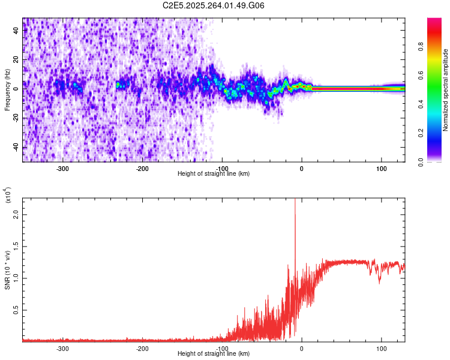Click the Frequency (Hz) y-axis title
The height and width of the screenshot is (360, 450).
(7, 90)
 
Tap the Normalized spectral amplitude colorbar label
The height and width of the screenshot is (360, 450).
(446, 90)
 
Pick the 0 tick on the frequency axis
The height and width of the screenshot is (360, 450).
(17, 89)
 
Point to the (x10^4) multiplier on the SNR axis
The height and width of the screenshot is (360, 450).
(8, 196)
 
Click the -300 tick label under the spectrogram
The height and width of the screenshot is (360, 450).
(63, 169)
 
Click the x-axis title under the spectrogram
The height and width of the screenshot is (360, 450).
(214, 174)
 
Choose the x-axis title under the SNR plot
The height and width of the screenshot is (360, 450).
(214, 354)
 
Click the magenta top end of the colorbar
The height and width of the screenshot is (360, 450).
(434, 21)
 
